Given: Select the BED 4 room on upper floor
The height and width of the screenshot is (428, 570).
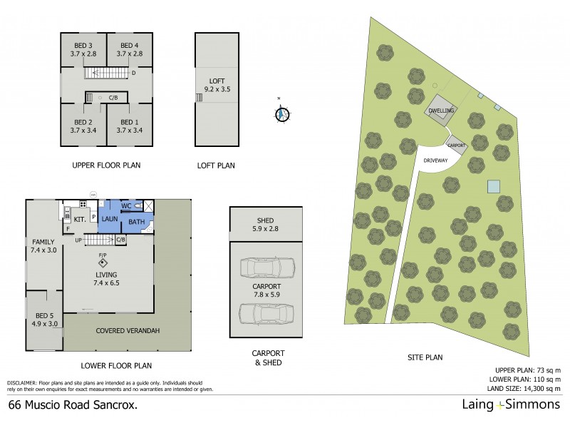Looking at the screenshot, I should (130, 49).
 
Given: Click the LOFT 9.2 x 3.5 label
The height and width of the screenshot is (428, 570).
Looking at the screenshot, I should (217, 86).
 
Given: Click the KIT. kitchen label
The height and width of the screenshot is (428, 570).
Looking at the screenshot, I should (80, 220).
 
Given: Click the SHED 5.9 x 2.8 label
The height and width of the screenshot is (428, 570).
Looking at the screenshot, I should (264, 225).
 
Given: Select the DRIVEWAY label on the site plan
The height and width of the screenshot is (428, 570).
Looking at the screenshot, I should (435, 160).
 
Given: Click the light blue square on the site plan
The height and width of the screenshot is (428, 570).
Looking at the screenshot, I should (493, 186).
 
